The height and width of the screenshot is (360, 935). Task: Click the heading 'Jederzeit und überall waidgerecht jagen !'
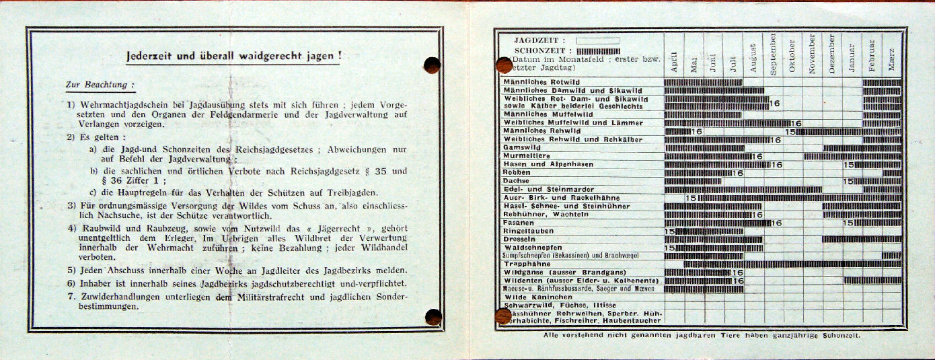pyautogui.click(x=233, y=57)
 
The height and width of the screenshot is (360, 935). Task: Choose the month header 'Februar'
pyautogui.click(x=872, y=56)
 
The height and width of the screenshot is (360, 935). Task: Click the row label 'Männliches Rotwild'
pyautogui.click(x=541, y=82)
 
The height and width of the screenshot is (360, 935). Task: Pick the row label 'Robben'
pyautogui.click(x=517, y=173)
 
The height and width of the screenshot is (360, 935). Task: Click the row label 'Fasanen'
pyautogui.click(x=519, y=223)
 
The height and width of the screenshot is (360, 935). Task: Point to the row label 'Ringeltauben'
pyautogui.click(x=528, y=231)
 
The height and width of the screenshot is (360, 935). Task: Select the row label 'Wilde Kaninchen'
pyautogui.click(x=537, y=297)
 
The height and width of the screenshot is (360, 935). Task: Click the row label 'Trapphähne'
pyautogui.click(x=527, y=264)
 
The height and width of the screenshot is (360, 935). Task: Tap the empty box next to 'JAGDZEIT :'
pyautogui.click(x=597, y=40)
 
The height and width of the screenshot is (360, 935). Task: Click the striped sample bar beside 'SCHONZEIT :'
pyautogui.click(x=598, y=50)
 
